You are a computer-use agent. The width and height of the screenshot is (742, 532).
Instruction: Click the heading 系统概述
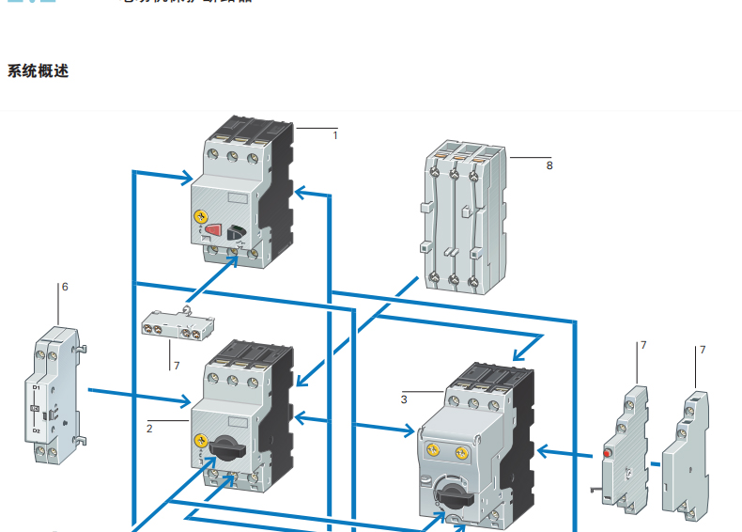[38, 71]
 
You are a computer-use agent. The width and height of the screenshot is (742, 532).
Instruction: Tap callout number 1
[335, 135]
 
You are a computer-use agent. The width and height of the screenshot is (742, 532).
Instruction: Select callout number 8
[549, 165]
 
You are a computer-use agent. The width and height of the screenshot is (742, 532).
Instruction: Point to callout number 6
[65, 287]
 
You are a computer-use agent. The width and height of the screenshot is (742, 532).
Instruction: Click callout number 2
[149, 428]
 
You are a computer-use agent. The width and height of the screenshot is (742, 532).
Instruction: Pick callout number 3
[404, 399]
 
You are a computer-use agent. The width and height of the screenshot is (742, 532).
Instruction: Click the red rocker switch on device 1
[215, 230]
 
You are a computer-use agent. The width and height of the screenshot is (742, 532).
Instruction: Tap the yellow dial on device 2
[200, 440]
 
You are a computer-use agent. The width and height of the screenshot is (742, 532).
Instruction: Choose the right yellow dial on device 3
[460, 453]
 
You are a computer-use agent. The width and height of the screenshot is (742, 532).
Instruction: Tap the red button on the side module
[607, 455]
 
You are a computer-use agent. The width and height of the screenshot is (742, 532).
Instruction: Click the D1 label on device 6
[36, 387]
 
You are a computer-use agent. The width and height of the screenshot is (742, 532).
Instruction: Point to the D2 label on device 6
[36, 430]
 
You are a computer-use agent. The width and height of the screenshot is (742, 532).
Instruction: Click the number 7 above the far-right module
[702, 350]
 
